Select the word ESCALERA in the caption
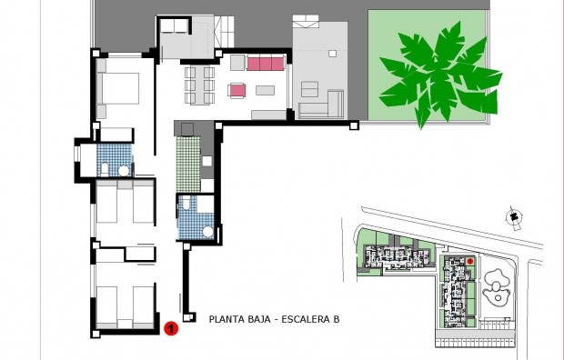pyautogui.click(x=307, y=319)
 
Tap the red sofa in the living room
pyautogui.click(x=266, y=64)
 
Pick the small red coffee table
pyautogui.click(x=237, y=90)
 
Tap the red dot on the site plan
pyautogui.click(x=470, y=262)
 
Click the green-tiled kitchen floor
pyautogui.click(x=188, y=160)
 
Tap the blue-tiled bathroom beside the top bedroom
pyautogui.click(x=115, y=160)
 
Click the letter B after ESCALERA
pyautogui.click(x=336, y=319)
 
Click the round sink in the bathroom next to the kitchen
pyautogui.click(x=207, y=232)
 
